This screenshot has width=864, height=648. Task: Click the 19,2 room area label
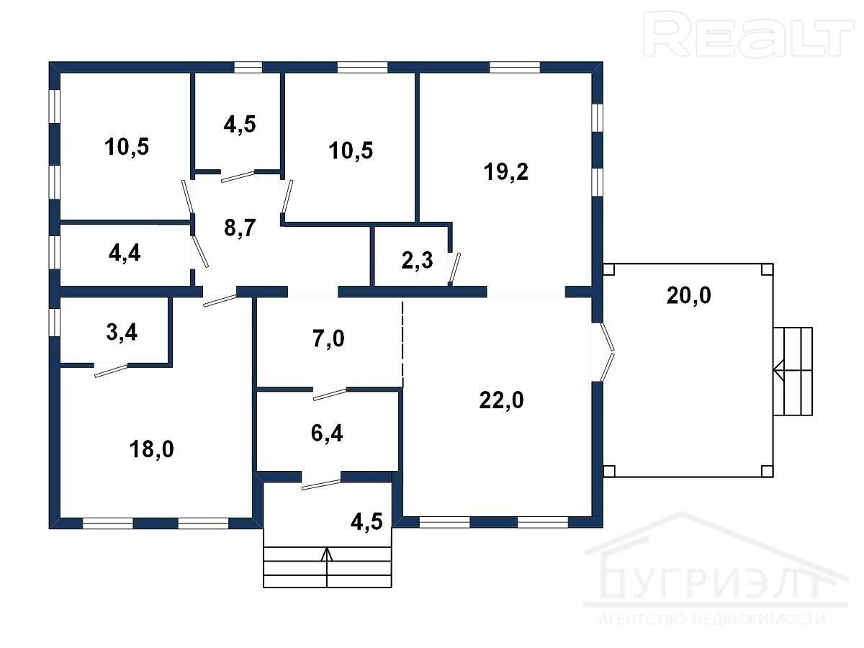click(x=506, y=172)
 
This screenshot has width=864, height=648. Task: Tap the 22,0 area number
click(x=501, y=400)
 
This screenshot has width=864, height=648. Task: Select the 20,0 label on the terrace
click(x=688, y=295)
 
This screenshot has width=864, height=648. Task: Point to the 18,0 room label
click(x=151, y=449)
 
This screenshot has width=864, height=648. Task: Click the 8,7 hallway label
click(x=240, y=228)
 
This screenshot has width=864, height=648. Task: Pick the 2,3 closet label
click(x=417, y=260)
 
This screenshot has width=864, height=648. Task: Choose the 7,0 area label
click(x=328, y=338)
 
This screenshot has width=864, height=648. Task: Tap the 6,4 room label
click(x=327, y=433)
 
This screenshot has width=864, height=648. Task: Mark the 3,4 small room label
click(x=122, y=332)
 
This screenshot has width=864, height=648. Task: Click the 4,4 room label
click(x=125, y=253)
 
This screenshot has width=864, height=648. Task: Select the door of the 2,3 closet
click(x=454, y=269)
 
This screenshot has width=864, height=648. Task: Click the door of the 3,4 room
click(x=111, y=371)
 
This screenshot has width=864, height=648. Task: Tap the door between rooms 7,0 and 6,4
click(x=330, y=394)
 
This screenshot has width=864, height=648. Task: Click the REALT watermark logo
click(x=748, y=35)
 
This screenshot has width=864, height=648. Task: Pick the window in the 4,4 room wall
click(x=54, y=252)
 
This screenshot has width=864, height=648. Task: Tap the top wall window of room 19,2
click(x=515, y=67)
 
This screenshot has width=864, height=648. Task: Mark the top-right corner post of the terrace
click(x=767, y=269)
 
